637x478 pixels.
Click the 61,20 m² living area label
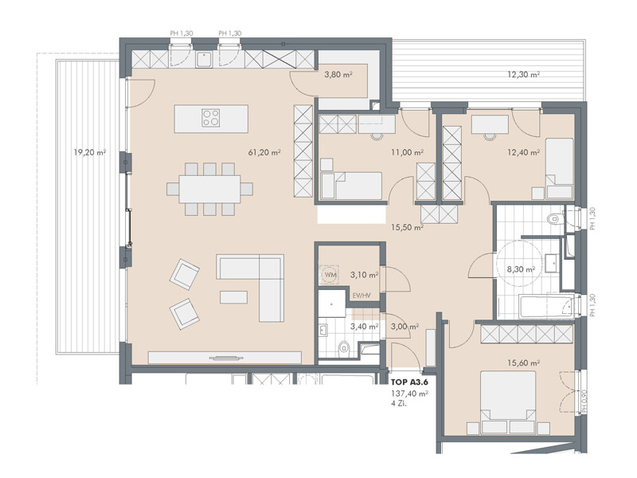264,152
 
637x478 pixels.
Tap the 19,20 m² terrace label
90,152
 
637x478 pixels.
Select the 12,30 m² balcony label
523,74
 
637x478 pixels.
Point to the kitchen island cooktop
211,118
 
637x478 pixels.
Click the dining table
209,189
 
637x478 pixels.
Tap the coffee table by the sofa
233,297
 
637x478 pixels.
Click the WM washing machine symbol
330,275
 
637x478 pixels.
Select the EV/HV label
361,296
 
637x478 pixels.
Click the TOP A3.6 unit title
409,382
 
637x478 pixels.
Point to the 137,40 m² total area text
409,394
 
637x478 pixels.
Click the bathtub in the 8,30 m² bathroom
548,308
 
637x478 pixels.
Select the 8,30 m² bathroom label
521,269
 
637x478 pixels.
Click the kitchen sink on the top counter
204,60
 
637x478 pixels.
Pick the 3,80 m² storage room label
338,74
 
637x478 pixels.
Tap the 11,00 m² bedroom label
407,152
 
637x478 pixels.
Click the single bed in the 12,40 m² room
560,168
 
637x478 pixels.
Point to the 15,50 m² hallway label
407,228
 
